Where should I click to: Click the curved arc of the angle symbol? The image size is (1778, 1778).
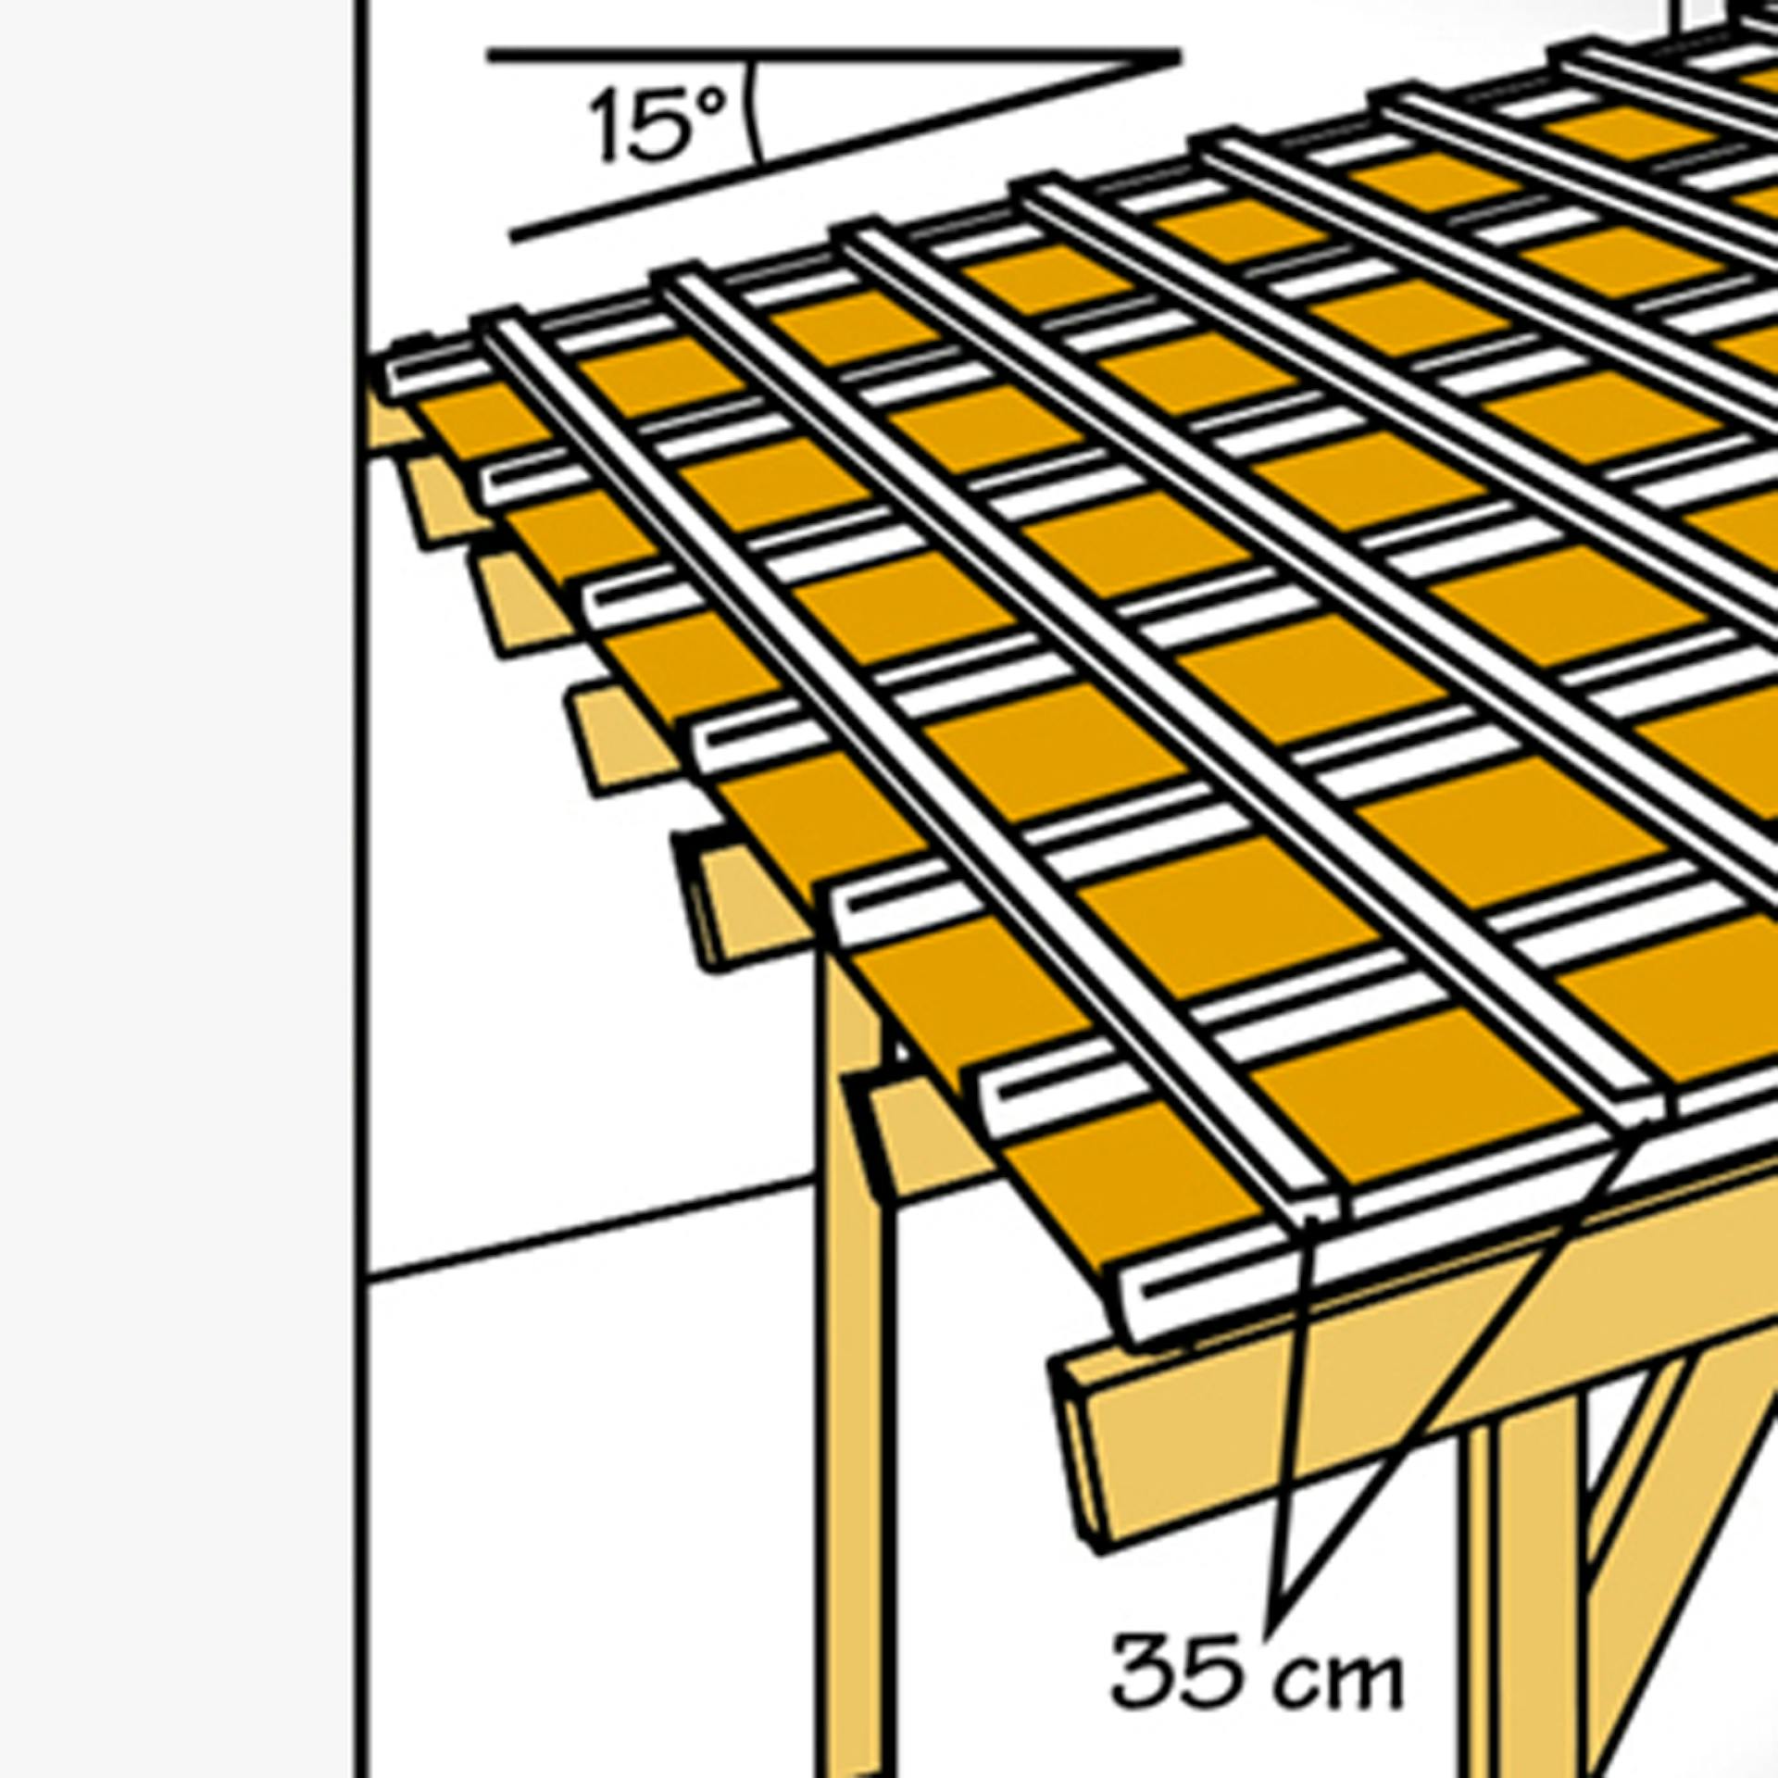(756, 111)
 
